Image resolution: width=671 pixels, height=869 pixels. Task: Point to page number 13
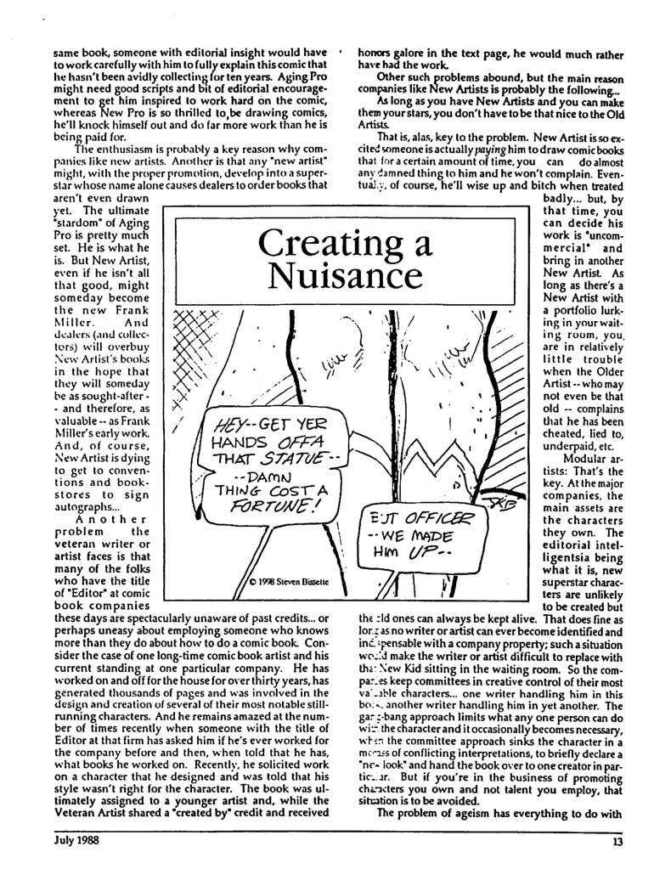point(617,843)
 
